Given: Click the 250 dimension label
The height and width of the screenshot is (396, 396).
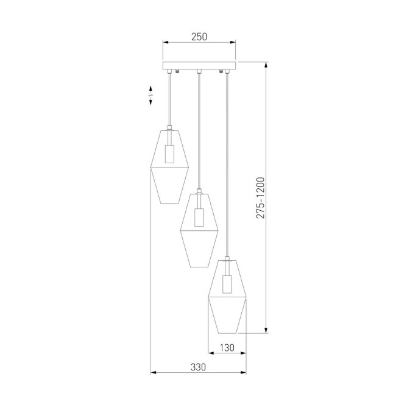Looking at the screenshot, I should coord(199,36).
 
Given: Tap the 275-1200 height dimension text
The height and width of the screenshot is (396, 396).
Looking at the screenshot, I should coord(260,198).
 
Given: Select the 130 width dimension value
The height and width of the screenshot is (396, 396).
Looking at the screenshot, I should coord(227,348).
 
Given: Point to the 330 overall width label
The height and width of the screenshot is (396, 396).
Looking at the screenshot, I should coord(198,367).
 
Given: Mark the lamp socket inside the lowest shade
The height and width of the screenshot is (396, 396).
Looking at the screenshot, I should coord(227,283).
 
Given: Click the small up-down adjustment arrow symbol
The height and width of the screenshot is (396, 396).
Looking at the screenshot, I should coord(150,96).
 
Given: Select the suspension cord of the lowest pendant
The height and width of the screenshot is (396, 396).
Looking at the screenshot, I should coord(227,164).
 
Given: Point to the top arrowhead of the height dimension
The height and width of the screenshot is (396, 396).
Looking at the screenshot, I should coord(266,65).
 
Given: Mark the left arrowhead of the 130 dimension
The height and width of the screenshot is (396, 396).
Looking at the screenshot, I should coord(211,353).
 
